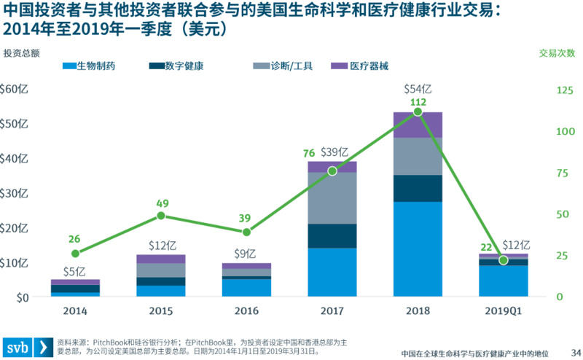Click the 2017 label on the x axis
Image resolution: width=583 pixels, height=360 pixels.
click(332, 311)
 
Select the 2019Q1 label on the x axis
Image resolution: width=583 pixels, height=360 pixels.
click(503, 311)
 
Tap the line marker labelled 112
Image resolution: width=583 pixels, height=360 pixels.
click(418, 112)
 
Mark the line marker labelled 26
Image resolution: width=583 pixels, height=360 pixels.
click(75, 254)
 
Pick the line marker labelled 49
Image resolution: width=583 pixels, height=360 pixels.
click(161, 216)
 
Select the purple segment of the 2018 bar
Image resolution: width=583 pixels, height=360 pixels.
click(418, 125)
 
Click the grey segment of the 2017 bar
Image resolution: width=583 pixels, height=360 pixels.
click(332, 197)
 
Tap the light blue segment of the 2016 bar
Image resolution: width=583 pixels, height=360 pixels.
click(246, 288)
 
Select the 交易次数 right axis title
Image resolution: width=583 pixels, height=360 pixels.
click(557, 53)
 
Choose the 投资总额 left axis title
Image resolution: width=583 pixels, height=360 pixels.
click(21, 53)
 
